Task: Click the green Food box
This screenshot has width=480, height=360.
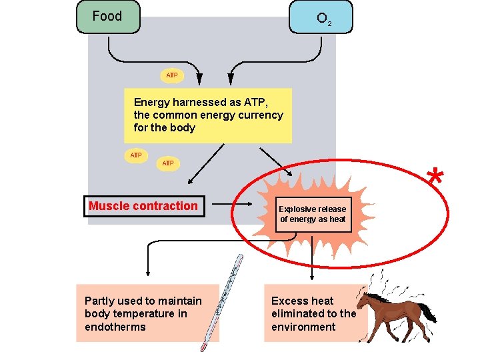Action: click(108, 17)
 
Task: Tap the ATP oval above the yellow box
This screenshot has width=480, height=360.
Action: click(171, 75)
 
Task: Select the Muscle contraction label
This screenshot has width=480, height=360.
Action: click(143, 206)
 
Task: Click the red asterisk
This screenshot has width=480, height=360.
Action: click(435, 179)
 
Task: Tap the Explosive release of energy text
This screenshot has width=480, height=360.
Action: click(313, 214)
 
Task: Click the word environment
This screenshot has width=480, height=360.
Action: click(303, 327)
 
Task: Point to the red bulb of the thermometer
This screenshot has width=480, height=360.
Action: click(204, 346)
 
